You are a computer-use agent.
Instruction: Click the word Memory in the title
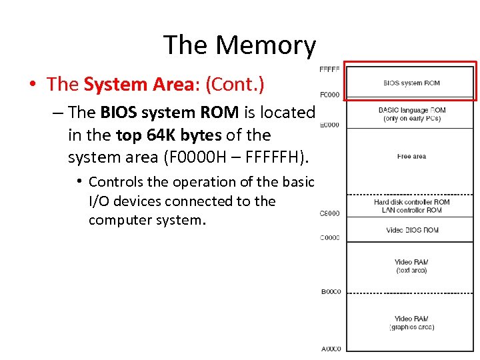265,45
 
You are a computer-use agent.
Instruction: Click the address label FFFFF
329,69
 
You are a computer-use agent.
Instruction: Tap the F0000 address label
330,95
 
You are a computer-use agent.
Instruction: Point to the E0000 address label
330,125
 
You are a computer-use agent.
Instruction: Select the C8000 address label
330,213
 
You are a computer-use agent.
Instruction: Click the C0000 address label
330,238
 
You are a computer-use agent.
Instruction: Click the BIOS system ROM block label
411,83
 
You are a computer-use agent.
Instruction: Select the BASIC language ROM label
411,110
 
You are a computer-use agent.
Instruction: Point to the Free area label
411,157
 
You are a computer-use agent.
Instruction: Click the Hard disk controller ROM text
411,202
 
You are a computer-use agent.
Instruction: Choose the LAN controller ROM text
411,211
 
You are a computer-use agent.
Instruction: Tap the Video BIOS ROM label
412,230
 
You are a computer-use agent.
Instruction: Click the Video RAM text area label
411,266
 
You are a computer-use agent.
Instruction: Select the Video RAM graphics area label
411,323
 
